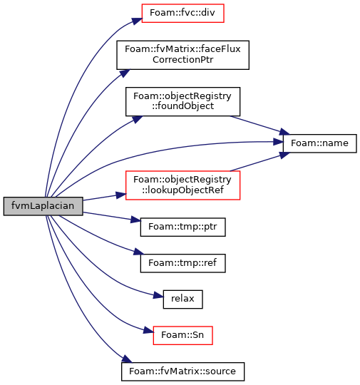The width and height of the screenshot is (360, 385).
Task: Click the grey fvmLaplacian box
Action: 43,206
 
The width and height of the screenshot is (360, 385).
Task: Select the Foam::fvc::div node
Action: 182,14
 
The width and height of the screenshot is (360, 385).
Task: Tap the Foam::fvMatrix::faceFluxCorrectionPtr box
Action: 182,55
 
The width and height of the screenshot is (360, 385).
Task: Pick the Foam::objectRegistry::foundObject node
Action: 182,101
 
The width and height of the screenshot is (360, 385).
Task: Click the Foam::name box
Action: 320,143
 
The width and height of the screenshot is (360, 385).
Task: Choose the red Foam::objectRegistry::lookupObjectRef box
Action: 182,185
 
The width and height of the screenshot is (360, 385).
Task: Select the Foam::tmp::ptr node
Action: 182,227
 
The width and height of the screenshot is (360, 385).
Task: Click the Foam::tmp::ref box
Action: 182,263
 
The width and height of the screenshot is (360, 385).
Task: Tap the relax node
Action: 182,299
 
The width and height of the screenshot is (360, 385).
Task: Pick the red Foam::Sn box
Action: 182,335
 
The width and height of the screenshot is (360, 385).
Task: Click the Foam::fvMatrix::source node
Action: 182,371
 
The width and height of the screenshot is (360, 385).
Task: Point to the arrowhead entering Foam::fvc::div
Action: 137,21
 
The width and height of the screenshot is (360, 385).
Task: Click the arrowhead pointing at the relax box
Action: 158,295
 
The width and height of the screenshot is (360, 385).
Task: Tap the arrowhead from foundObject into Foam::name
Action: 284,132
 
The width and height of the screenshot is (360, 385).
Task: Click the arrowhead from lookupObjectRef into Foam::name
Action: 284,155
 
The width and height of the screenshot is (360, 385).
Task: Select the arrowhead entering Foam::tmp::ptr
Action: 135,220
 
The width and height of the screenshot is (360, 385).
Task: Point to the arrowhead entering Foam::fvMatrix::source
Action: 127,359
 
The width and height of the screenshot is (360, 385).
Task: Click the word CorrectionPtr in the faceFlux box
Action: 182,60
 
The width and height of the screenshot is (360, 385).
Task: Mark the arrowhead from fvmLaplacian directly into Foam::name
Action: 278,142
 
